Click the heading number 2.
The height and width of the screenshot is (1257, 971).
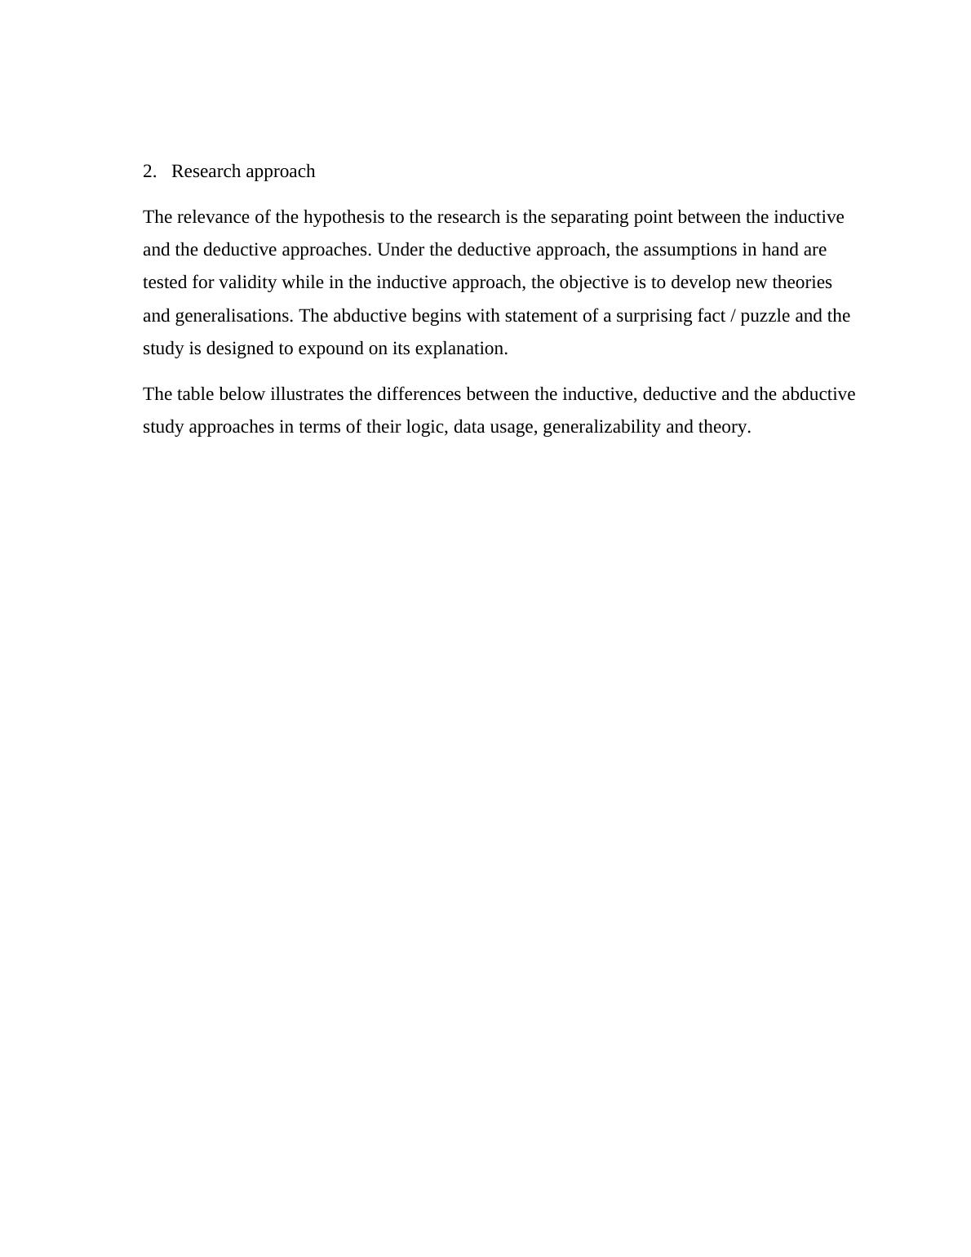pyautogui.click(x=149, y=171)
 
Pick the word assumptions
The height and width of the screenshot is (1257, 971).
pyautogui.click(x=690, y=250)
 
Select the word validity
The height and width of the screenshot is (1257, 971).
pyautogui.click(x=248, y=282)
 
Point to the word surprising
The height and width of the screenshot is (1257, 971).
pyautogui.click(x=654, y=316)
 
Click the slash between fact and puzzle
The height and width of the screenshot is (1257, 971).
pyautogui.click(x=730, y=316)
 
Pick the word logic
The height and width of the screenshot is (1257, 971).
pyautogui.click(x=427, y=427)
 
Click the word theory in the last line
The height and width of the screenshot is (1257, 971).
pyautogui.click(x=725, y=427)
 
